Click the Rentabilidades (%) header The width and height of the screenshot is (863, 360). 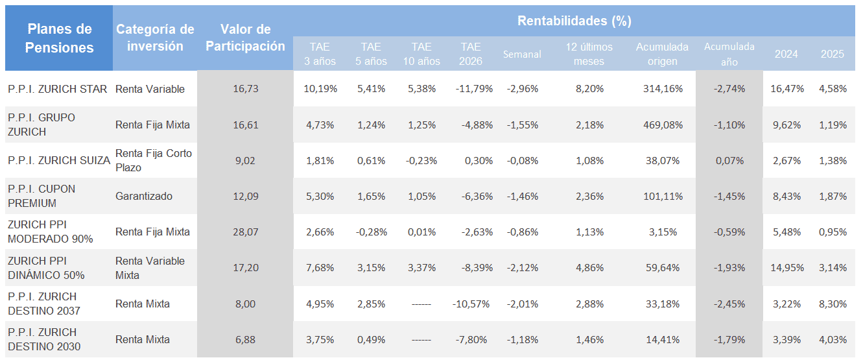(x=574, y=21)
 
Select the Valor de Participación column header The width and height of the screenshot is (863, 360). (x=245, y=38)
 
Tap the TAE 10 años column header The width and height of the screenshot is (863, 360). (x=421, y=54)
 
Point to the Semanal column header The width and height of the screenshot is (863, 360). (x=522, y=54)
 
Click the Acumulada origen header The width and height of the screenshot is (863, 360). (x=661, y=54)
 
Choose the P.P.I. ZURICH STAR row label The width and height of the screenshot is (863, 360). (x=58, y=89)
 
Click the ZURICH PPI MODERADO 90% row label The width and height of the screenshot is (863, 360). (x=51, y=232)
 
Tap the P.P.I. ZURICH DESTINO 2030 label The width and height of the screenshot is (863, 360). (x=44, y=339)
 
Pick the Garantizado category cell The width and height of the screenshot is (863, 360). (x=144, y=196)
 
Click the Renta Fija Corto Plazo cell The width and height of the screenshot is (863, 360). (x=154, y=160)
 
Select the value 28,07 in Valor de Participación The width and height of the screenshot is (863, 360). (x=245, y=232)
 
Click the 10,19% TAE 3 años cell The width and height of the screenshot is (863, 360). (x=320, y=89)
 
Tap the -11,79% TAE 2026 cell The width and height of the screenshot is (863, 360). (x=472, y=89)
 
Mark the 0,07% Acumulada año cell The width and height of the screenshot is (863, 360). (x=729, y=160)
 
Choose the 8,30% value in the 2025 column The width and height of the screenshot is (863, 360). (x=833, y=304)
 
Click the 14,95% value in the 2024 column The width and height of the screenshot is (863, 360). (x=787, y=268)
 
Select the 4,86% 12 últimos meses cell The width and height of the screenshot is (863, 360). (x=589, y=268)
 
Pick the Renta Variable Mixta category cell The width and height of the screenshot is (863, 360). (x=150, y=268)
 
